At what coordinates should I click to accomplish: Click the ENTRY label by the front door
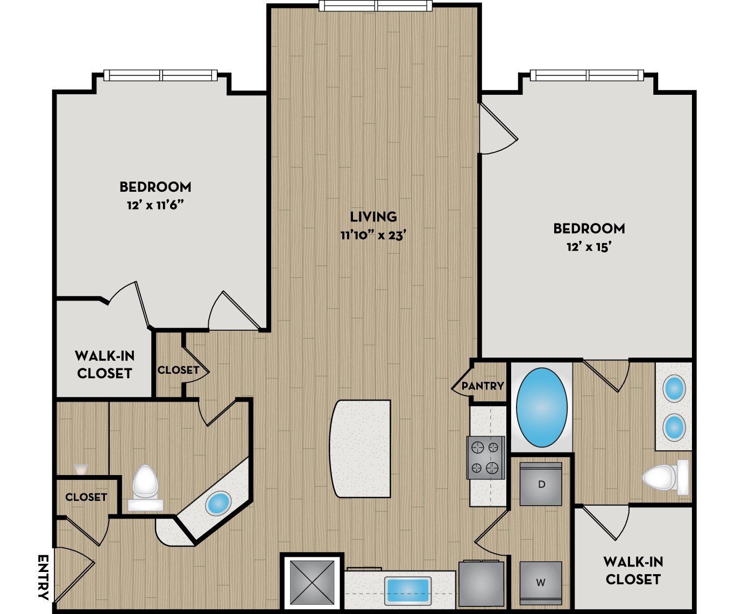click(43, 577)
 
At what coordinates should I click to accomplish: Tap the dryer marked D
click(541, 484)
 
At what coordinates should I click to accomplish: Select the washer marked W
click(541, 583)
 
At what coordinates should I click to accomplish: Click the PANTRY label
click(483, 386)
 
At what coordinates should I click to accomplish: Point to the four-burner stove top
click(486, 457)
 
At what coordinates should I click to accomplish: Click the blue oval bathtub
click(541, 408)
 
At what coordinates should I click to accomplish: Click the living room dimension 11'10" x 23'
click(372, 235)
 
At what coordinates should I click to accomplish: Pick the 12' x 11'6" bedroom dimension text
click(155, 205)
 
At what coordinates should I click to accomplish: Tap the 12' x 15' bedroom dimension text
click(589, 247)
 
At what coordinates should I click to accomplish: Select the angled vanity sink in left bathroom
click(218, 503)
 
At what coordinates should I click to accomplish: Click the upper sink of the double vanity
click(674, 388)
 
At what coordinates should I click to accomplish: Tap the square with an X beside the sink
click(312, 583)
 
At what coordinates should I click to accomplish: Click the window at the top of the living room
click(376, 6)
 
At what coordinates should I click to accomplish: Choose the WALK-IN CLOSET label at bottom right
click(633, 570)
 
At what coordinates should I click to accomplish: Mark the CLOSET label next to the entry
click(86, 497)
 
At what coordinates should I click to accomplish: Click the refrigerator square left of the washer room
click(481, 584)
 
